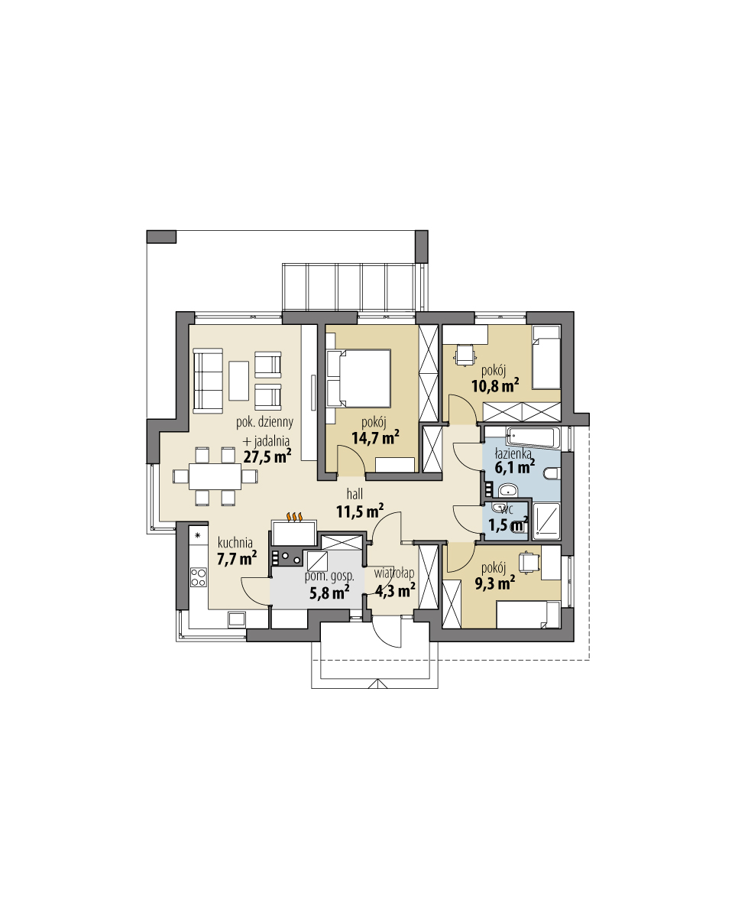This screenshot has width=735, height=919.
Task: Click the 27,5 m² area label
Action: point(267,457)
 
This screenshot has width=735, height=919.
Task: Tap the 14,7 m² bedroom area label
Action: point(375,437)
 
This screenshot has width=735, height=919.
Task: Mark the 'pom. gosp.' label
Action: point(329,575)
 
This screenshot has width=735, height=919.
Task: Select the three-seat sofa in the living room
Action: point(207,378)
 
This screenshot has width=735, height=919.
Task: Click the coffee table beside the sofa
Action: point(238,380)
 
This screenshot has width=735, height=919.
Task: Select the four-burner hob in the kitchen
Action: point(199,576)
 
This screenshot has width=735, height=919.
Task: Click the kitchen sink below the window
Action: point(235,619)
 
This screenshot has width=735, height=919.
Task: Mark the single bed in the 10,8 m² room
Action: point(546,356)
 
